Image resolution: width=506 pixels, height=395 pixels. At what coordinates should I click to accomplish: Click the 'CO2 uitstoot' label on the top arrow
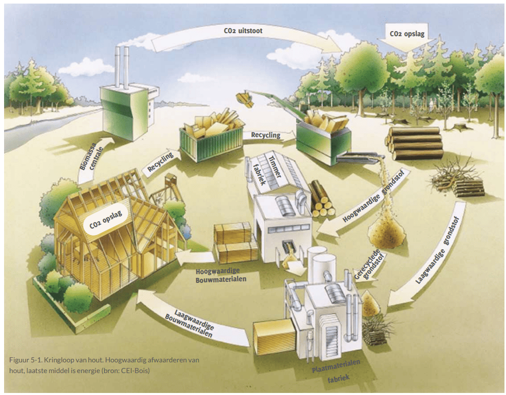coord(243,31)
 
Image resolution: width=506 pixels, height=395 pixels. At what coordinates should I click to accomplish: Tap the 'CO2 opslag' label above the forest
coord(407,35)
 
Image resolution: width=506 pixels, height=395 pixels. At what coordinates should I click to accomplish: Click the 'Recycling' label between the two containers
coord(266,135)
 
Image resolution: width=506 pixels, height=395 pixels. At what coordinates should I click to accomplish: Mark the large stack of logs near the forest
coord(414,142)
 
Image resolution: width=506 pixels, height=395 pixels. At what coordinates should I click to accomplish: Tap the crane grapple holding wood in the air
coord(246,99)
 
